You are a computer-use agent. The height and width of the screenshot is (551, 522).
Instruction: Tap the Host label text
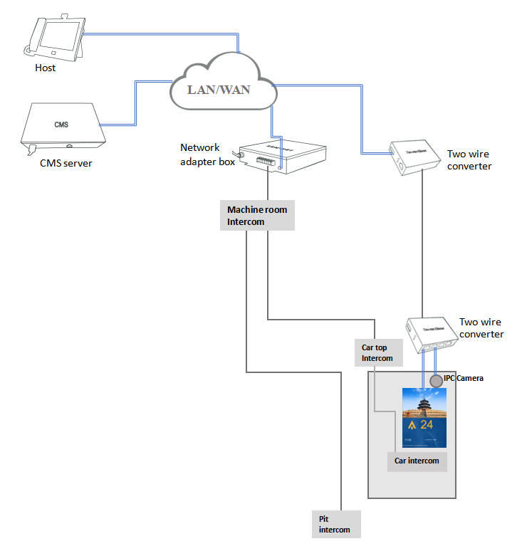(45, 68)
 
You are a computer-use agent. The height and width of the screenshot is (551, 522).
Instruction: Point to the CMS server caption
(66, 163)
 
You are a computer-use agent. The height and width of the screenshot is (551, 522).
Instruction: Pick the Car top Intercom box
(378, 352)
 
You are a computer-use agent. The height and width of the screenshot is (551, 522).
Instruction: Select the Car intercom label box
(417, 461)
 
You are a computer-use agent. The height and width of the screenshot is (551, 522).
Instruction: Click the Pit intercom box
(336, 524)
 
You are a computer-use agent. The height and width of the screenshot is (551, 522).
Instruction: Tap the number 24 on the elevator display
(426, 425)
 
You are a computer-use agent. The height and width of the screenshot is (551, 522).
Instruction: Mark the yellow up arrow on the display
(412, 426)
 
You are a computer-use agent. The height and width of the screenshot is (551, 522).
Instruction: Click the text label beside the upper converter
(469, 159)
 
